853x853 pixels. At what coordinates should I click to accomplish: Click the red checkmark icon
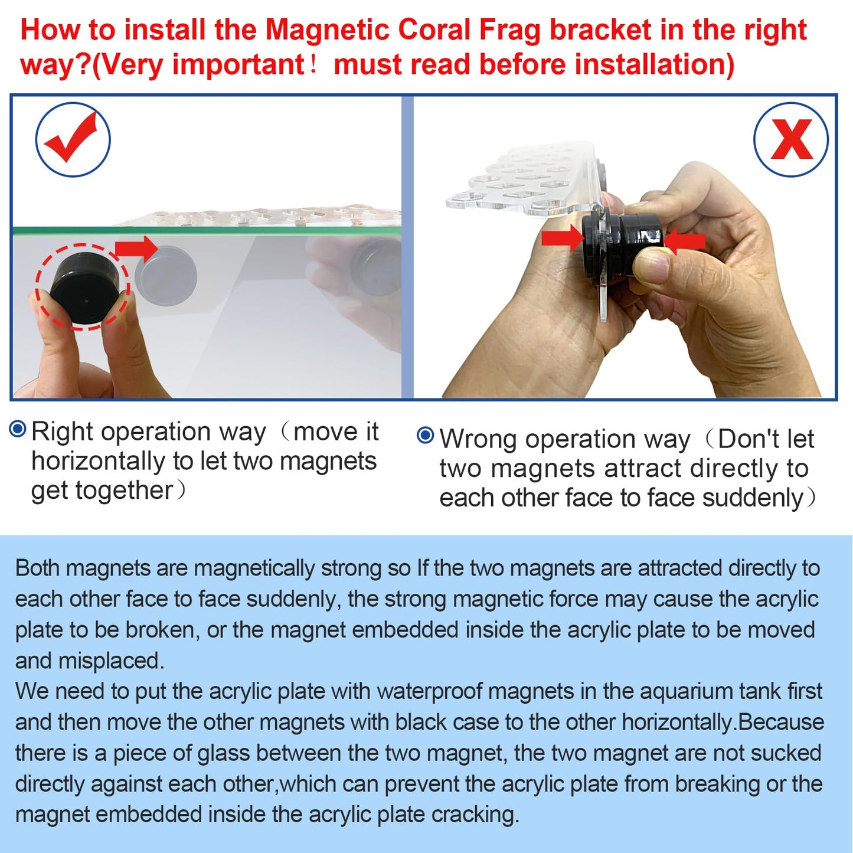(73, 139)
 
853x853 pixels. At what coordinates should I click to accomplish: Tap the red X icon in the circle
(791, 140)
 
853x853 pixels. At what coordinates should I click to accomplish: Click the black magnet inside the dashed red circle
(86, 289)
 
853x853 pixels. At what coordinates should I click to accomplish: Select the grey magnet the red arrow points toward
(166, 276)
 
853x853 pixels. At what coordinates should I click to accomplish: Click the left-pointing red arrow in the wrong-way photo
(685, 241)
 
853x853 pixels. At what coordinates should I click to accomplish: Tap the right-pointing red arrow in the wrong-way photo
(562, 237)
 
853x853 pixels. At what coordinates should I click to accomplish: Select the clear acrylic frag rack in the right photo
(525, 180)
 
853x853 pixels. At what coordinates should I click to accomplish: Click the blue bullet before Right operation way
(18, 429)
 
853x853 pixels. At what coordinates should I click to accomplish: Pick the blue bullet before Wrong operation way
(425, 436)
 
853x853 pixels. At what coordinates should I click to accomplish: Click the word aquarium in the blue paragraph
(681, 691)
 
